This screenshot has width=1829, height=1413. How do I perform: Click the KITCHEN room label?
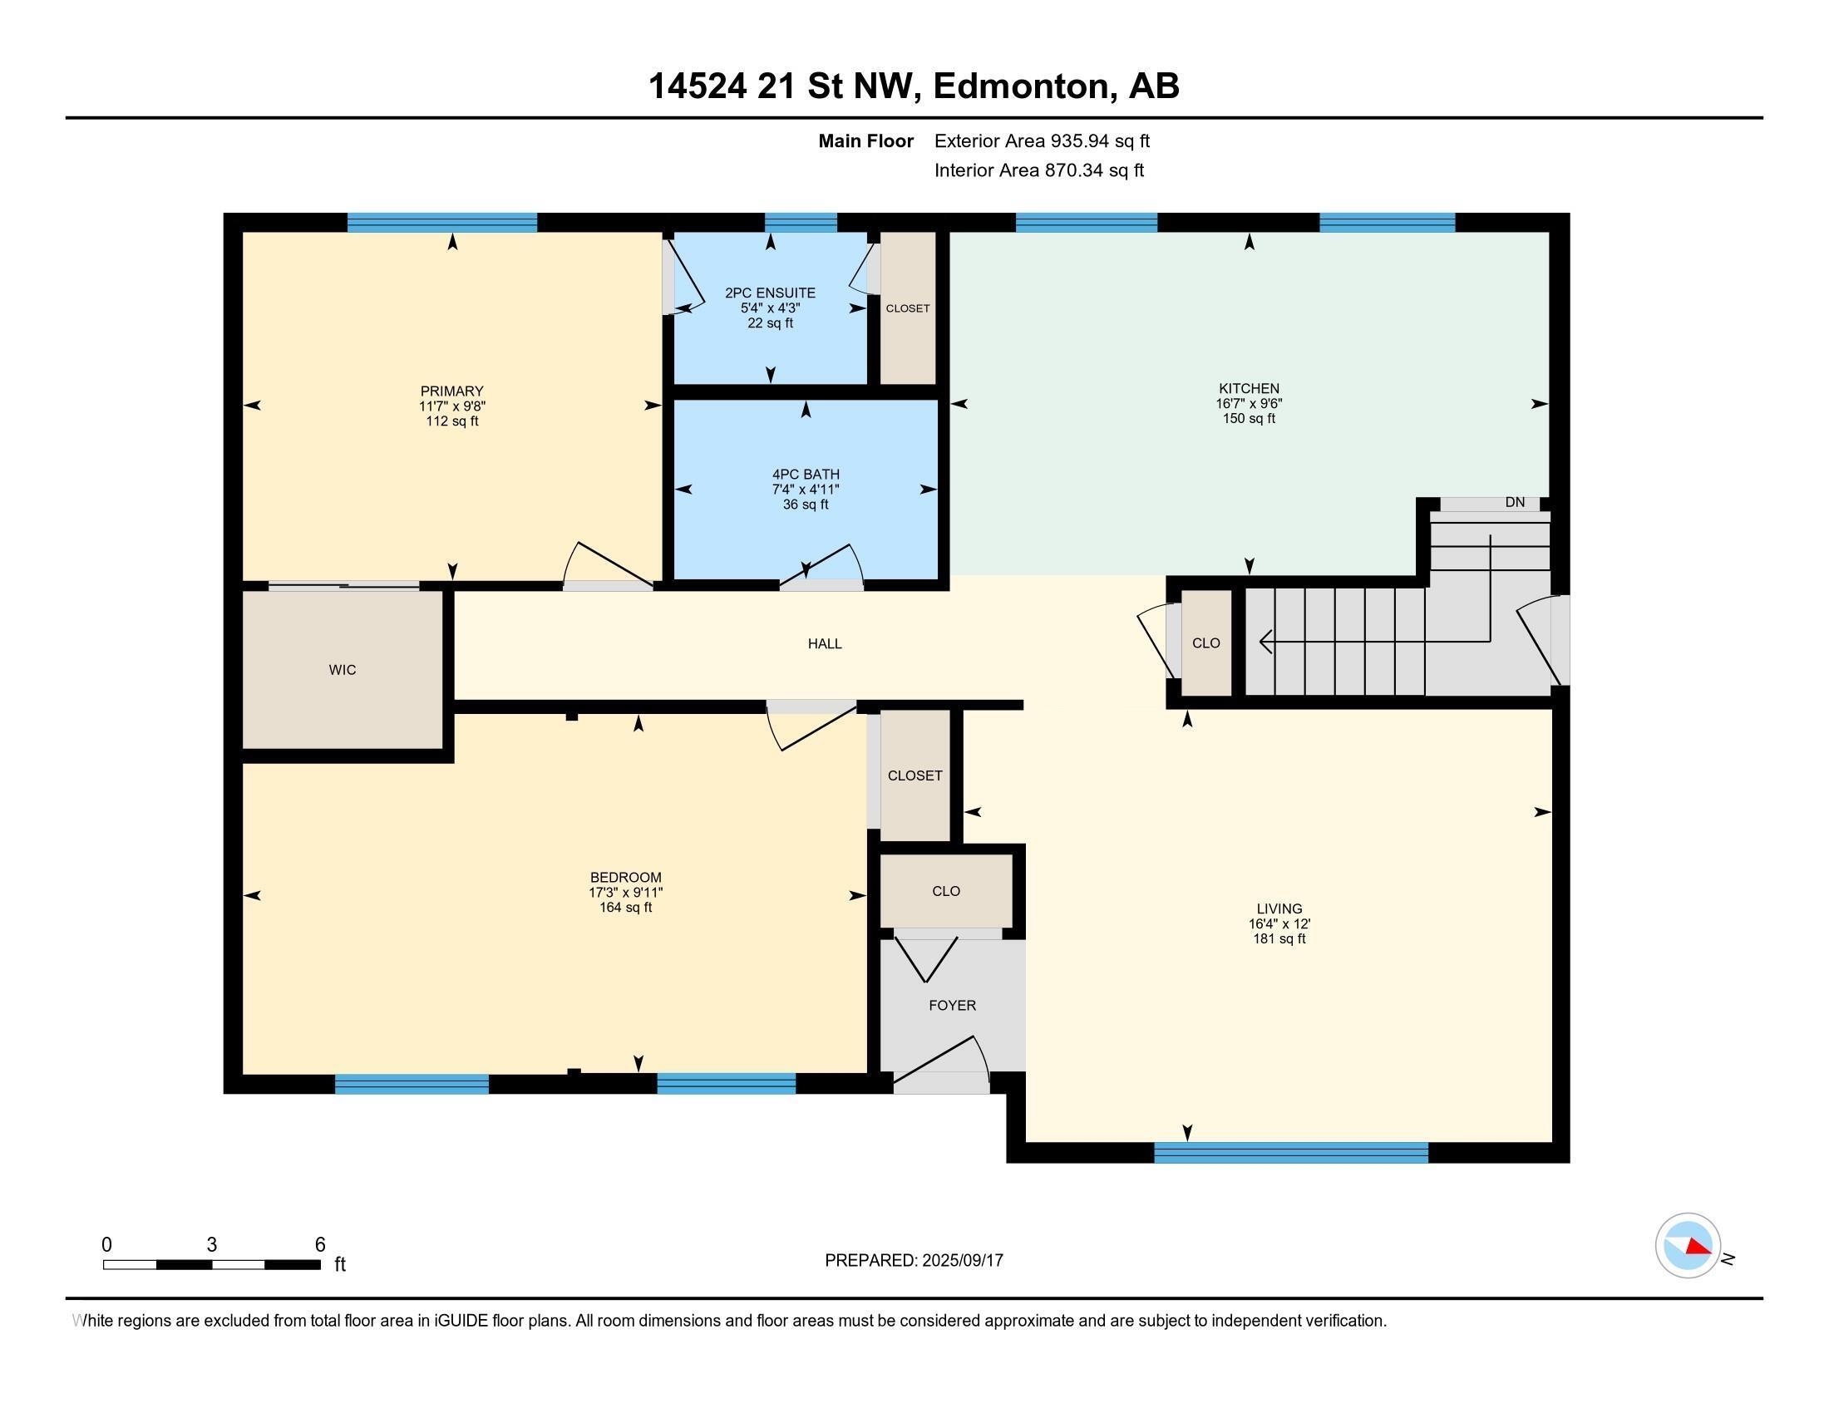pyautogui.click(x=1249, y=388)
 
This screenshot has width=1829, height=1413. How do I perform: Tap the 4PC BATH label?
pyautogui.click(x=806, y=475)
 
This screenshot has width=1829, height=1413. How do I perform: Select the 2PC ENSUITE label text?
pyautogui.click(x=770, y=293)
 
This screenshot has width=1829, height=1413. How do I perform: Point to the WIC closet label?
pyautogui.click(x=343, y=670)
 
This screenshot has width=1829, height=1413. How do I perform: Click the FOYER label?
pyautogui.click(x=952, y=1006)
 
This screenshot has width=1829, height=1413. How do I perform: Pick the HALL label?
pyautogui.click(x=824, y=643)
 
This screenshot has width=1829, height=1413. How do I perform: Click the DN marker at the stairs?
pyautogui.click(x=1514, y=502)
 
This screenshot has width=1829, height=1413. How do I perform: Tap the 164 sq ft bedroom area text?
pyautogui.click(x=625, y=908)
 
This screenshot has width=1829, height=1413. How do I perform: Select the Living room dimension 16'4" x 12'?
pyautogui.click(x=1279, y=924)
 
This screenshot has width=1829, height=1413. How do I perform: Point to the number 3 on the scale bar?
pyautogui.click(x=212, y=1245)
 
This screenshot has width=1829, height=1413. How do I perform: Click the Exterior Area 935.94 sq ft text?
pyautogui.click(x=1042, y=141)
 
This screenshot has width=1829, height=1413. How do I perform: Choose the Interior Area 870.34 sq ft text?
pyautogui.click(x=1038, y=170)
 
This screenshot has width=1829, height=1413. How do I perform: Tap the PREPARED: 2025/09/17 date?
pyautogui.click(x=914, y=1261)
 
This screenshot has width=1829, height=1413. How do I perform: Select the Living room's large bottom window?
pyautogui.click(x=1290, y=1153)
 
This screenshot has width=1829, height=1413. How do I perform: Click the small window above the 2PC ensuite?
pyautogui.click(x=801, y=222)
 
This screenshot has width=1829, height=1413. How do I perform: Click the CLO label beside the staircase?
pyautogui.click(x=1206, y=642)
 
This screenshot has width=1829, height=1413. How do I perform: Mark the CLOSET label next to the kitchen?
pyautogui.click(x=908, y=308)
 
